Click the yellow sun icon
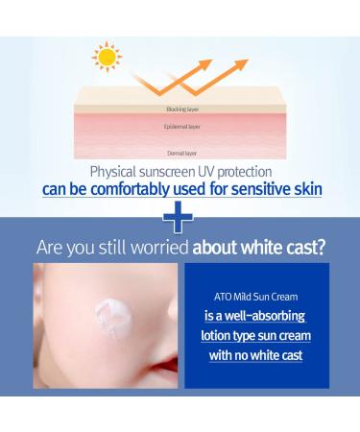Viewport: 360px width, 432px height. (x=107, y=57)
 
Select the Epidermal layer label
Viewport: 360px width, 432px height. (x=182, y=126)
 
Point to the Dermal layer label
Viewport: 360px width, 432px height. (x=182, y=152)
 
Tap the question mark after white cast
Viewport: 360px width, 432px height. (x=321, y=248)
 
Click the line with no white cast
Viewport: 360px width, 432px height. (x=254, y=355)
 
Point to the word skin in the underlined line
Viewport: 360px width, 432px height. (x=306, y=188)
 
